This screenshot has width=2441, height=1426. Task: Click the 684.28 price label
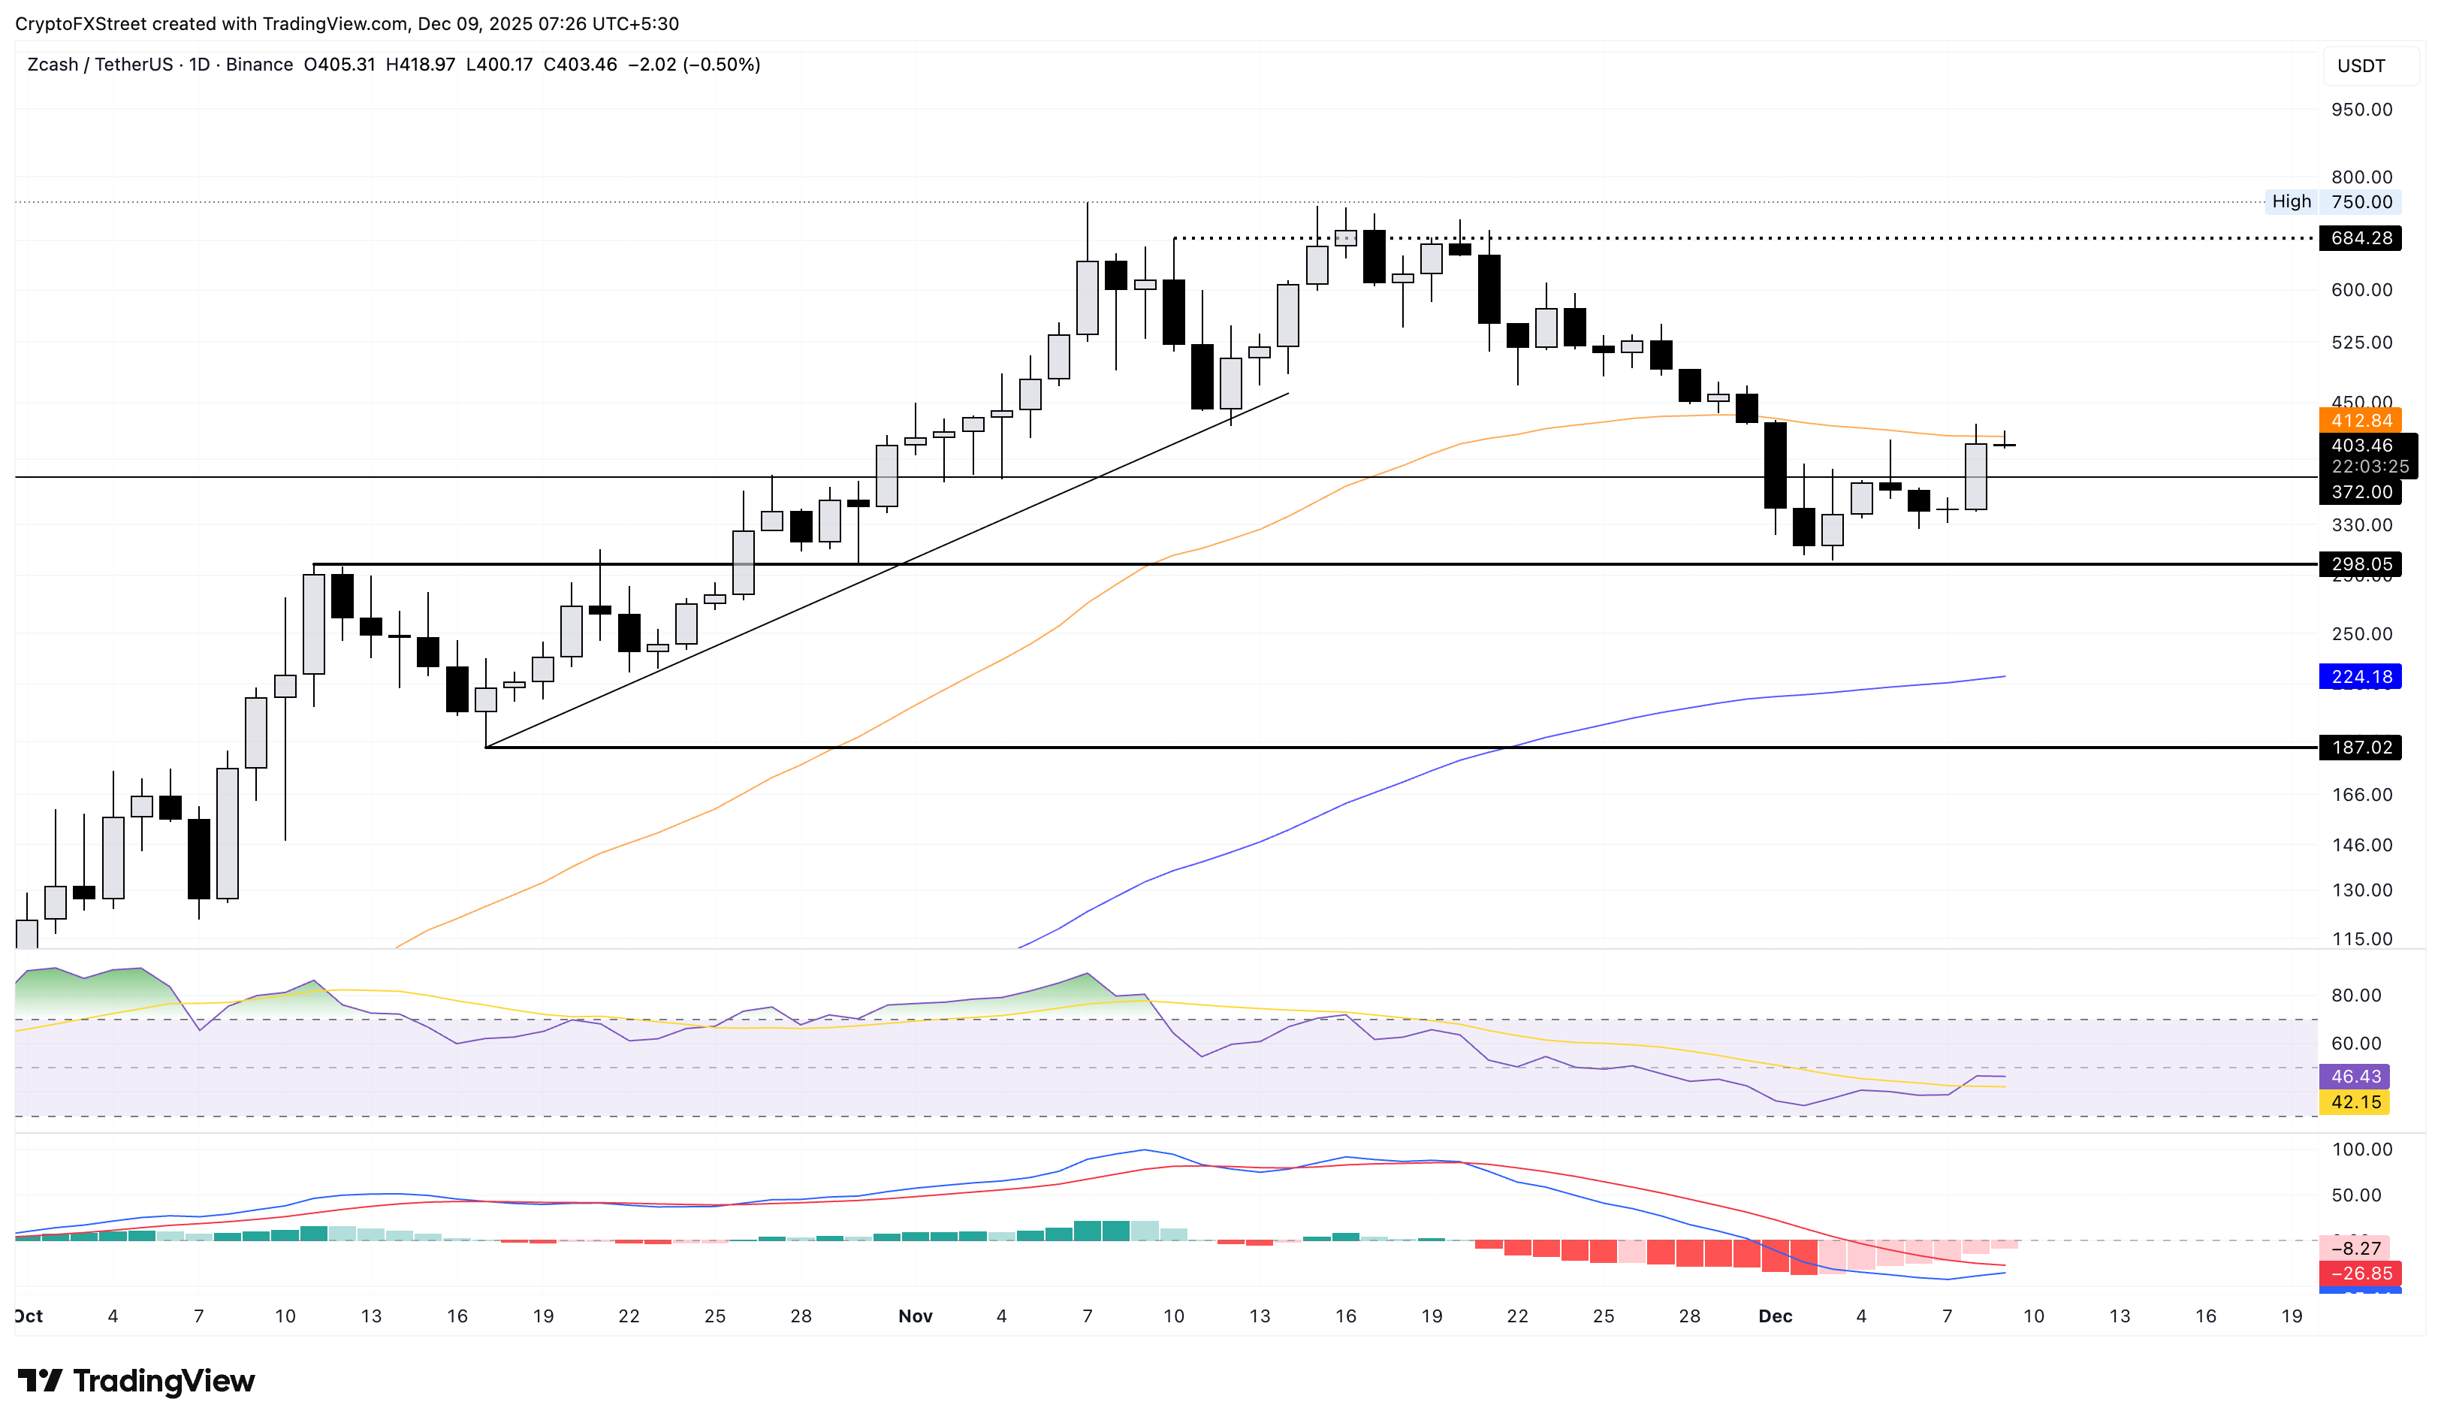tap(2360, 238)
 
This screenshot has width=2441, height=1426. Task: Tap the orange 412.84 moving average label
tap(2360, 421)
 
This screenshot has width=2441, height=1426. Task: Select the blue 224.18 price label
tap(2360, 677)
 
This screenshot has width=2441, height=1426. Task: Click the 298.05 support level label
tap(2360, 563)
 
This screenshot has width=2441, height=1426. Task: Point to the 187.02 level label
tap(2360, 748)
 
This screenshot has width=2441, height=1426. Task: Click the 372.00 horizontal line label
tap(2360, 492)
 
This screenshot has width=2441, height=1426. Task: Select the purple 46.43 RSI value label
tap(2355, 1077)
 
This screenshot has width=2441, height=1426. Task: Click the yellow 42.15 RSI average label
tap(2355, 1102)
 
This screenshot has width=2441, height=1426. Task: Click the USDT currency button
tap(2361, 66)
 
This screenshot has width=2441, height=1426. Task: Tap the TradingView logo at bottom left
tap(137, 1380)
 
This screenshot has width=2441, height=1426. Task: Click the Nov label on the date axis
tap(916, 1316)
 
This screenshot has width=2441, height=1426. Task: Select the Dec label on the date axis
tap(1776, 1316)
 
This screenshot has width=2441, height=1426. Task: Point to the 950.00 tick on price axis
tap(2361, 110)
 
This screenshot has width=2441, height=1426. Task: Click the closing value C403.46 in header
tap(579, 65)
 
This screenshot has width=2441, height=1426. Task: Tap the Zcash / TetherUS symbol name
tap(99, 65)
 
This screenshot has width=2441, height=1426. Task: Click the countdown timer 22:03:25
tap(2370, 467)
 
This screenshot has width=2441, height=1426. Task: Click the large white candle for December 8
tap(1976, 476)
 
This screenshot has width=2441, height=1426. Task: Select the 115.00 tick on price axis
tap(2361, 938)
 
